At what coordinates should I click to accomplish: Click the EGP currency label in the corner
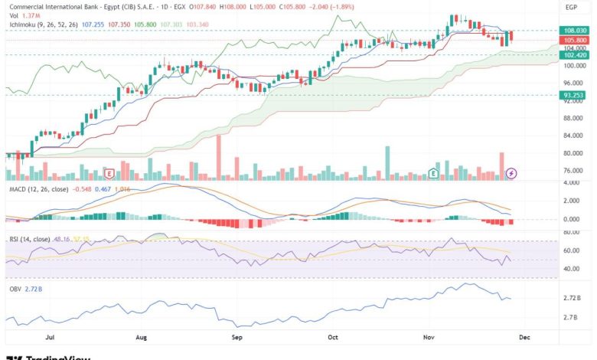click(570, 7)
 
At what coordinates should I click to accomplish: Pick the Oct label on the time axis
click(332, 336)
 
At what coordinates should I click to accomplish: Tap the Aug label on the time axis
click(141, 336)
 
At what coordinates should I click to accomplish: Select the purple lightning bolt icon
click(511, 174)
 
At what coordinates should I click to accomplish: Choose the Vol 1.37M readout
click(23, 15)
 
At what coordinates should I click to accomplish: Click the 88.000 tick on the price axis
click(572, 119)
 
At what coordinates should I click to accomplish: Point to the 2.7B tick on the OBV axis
click(570, 316)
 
